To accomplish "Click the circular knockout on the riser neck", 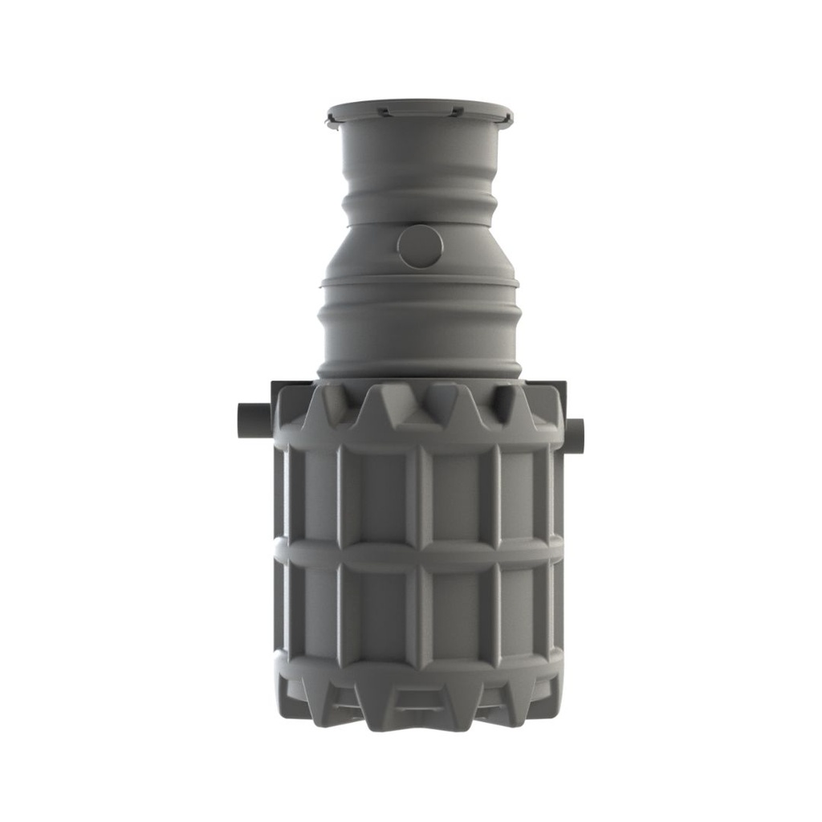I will (419, 246).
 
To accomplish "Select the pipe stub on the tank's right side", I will (575, 434).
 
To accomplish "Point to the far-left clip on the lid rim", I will (332, 121).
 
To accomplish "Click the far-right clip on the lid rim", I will (507, 120).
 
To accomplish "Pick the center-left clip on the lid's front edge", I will (385, 112).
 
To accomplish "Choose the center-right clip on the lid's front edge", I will (455, 111).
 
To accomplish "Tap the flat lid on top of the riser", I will (419, 109).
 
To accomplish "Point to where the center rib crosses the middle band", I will (418, 552).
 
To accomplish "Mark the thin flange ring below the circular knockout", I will (418, 281).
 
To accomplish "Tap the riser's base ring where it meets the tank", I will (418, 371).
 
